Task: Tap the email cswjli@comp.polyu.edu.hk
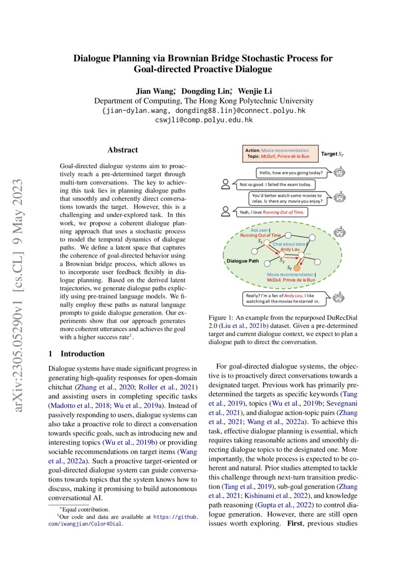pos(204,119)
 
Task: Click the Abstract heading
pos(123,150)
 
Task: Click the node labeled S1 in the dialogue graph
pos(266,242)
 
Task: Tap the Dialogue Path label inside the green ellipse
pos(243,261)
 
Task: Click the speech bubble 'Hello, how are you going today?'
pos(291,173)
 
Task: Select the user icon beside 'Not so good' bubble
pos(226,184)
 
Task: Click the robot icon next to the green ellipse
pos(339,232)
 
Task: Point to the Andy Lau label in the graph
pos(290,249)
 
